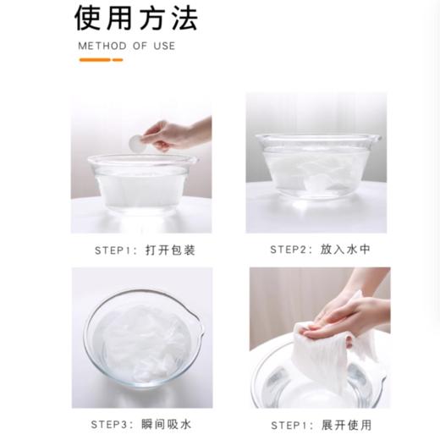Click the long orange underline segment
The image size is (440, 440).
coord(94,60)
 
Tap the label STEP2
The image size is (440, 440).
coord(288,250)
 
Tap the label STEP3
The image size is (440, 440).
coord(109,425)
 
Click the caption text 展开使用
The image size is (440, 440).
coord(347,425)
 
